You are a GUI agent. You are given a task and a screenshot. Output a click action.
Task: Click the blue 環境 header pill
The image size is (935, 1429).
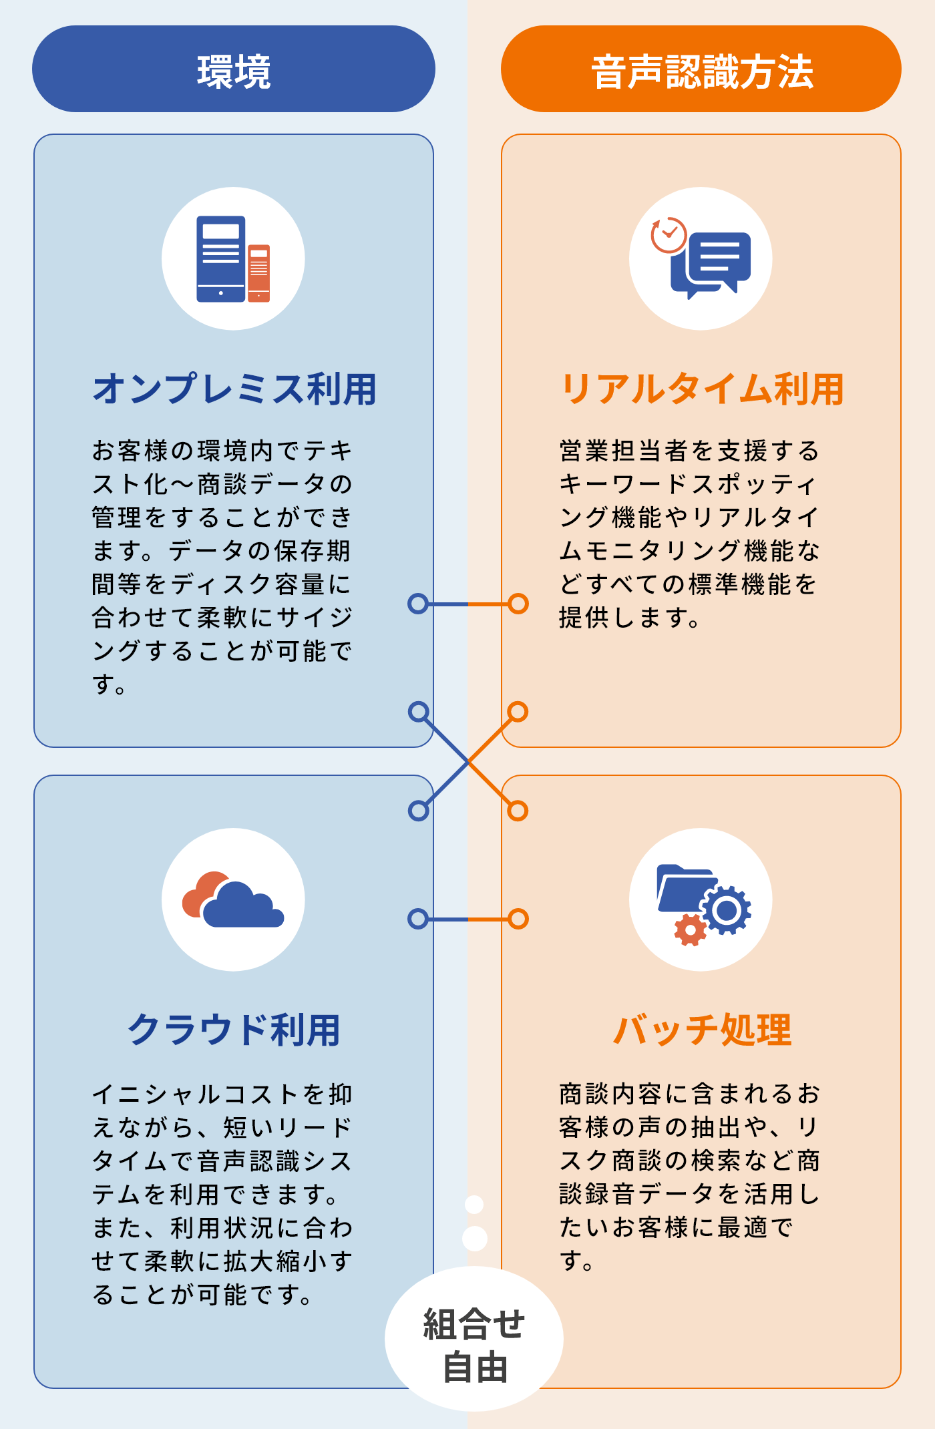(x=234, y=69)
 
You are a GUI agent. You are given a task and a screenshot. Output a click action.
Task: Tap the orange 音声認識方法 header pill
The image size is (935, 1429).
(x=701, y=69)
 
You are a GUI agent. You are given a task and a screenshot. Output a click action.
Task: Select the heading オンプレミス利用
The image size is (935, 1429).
(x=234, y=389)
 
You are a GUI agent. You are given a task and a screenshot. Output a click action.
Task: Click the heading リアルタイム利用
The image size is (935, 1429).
(x=702, y=389)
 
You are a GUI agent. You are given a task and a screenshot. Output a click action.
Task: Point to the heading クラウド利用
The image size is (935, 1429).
(x=234, y=1030)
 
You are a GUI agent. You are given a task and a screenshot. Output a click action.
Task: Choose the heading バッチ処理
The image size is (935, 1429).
(x=702, y=1030)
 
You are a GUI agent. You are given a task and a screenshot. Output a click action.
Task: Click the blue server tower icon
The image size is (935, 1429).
(x=220, y=259)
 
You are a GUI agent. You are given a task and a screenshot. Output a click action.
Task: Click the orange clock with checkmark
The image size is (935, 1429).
(x=669, y=235)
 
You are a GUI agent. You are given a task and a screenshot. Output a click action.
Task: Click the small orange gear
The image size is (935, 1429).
(x=691, y=930)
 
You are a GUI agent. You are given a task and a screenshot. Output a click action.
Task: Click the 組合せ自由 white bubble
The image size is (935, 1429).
(x=474, y=1339)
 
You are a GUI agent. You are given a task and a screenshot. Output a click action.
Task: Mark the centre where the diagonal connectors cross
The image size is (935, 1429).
(x=468, y=761)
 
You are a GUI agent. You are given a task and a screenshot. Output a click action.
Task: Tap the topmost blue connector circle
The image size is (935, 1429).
(x=418, y=604)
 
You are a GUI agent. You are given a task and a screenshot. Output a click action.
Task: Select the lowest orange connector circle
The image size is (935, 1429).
(x=518, y=919)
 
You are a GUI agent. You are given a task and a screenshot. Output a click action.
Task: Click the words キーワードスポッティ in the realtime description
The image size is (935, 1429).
(x=688, y=484)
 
